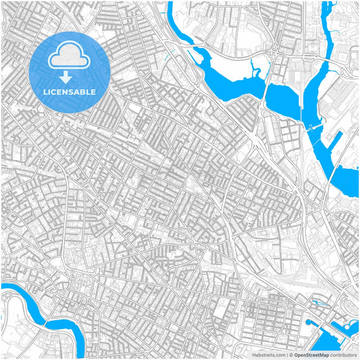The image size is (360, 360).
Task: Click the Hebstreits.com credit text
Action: [x=269, y=355]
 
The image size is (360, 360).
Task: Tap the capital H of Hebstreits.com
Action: [x=254, y=355]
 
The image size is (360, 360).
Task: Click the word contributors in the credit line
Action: [x=344, y=355]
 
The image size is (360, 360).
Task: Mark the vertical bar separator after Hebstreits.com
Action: [x=286, y=355]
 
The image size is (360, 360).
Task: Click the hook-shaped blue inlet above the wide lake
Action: [x=255, y=66]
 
